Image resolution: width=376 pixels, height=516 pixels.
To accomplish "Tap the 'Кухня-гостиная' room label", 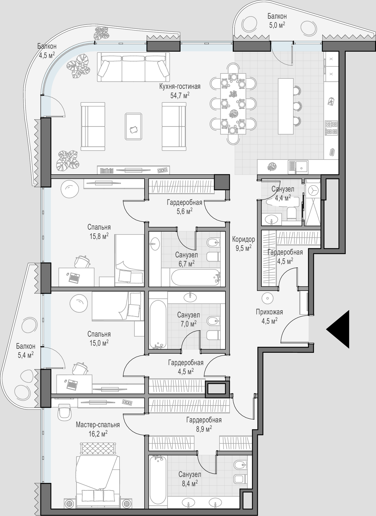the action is pos(180,87).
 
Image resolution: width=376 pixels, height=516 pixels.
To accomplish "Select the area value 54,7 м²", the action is pos(180,95).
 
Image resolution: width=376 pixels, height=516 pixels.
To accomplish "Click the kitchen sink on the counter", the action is pos(298,167).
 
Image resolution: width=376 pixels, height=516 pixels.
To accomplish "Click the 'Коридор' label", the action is pos(243,239).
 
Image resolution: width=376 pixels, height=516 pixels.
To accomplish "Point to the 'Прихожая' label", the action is pos(269,312).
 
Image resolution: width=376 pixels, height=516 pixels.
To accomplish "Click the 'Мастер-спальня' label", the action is pos(98,425).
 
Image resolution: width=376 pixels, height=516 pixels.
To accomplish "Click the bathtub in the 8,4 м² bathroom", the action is pos(158,480).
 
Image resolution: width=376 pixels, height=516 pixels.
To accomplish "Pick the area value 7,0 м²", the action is pos(189,324).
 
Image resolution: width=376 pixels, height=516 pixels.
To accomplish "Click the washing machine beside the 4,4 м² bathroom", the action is pos(313,190).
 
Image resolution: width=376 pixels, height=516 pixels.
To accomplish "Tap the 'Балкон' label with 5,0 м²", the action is pos(277,16).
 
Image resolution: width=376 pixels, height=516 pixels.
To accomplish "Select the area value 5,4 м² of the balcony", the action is pos(25,355).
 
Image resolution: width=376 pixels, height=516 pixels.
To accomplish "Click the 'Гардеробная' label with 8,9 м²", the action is pos(204,420).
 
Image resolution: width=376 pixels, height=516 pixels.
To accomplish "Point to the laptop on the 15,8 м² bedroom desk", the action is pos(74,278).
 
